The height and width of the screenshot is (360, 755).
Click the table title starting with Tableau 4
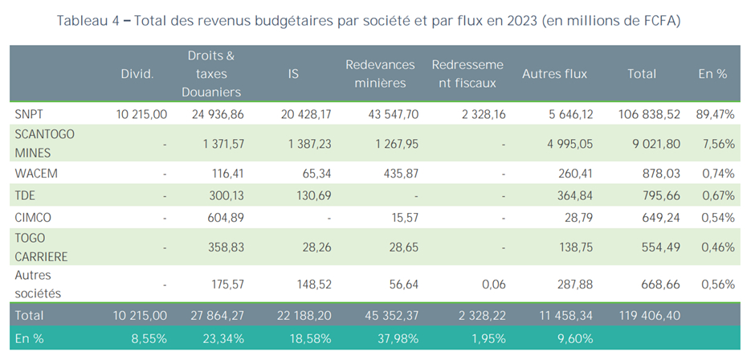click(369, 21)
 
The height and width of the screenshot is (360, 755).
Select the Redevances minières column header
click(380, 73)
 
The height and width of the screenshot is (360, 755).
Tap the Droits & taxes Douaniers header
click(211, 73)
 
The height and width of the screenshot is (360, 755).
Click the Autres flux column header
click(554, 73)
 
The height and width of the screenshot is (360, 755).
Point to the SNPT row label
click(31, 114)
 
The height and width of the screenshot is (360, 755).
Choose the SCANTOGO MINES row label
click(45, 144)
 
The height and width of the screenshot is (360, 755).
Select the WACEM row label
click(35, 173)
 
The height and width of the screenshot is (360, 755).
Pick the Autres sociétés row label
click(39, 284)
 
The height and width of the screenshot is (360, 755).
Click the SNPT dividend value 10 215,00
click(141, 115)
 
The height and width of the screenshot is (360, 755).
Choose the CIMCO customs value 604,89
click(219, 218)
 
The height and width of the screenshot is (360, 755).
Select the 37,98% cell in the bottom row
click(395, 338)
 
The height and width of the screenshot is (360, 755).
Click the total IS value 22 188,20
click(301, 315)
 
